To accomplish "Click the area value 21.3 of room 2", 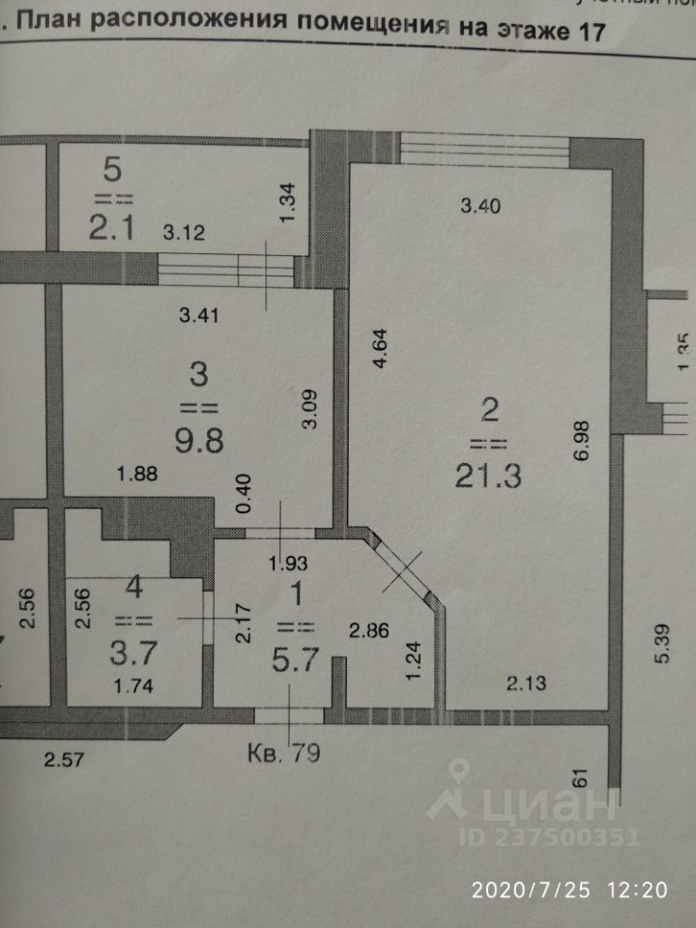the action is click(489, 477).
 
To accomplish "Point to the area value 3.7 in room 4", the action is click(132, 654).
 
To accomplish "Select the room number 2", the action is click(489, 411).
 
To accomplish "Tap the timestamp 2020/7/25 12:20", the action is click(569, 889).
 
